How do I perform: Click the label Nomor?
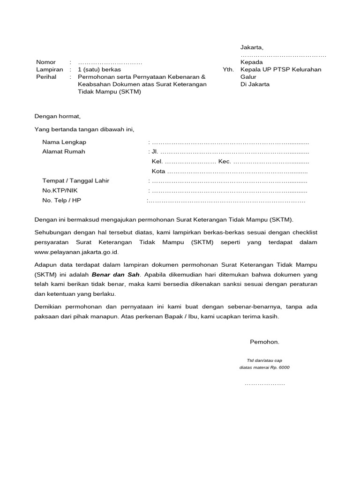[46, 62]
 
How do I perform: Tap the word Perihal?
[46, 77]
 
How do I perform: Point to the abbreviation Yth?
[228, 69]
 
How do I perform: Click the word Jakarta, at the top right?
[252, 47]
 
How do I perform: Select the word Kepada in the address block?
[252, 62]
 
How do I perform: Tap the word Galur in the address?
[248, 77]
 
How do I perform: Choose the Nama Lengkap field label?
[64, 142]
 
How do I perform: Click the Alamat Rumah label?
[64, 152]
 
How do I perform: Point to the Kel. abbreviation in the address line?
[157, 162]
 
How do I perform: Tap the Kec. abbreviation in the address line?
[225, 162]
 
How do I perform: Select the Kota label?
[158, 172]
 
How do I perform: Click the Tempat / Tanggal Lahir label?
[75, 181]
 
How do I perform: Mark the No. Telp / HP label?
[61, 201]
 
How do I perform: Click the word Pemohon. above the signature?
[264, 342]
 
